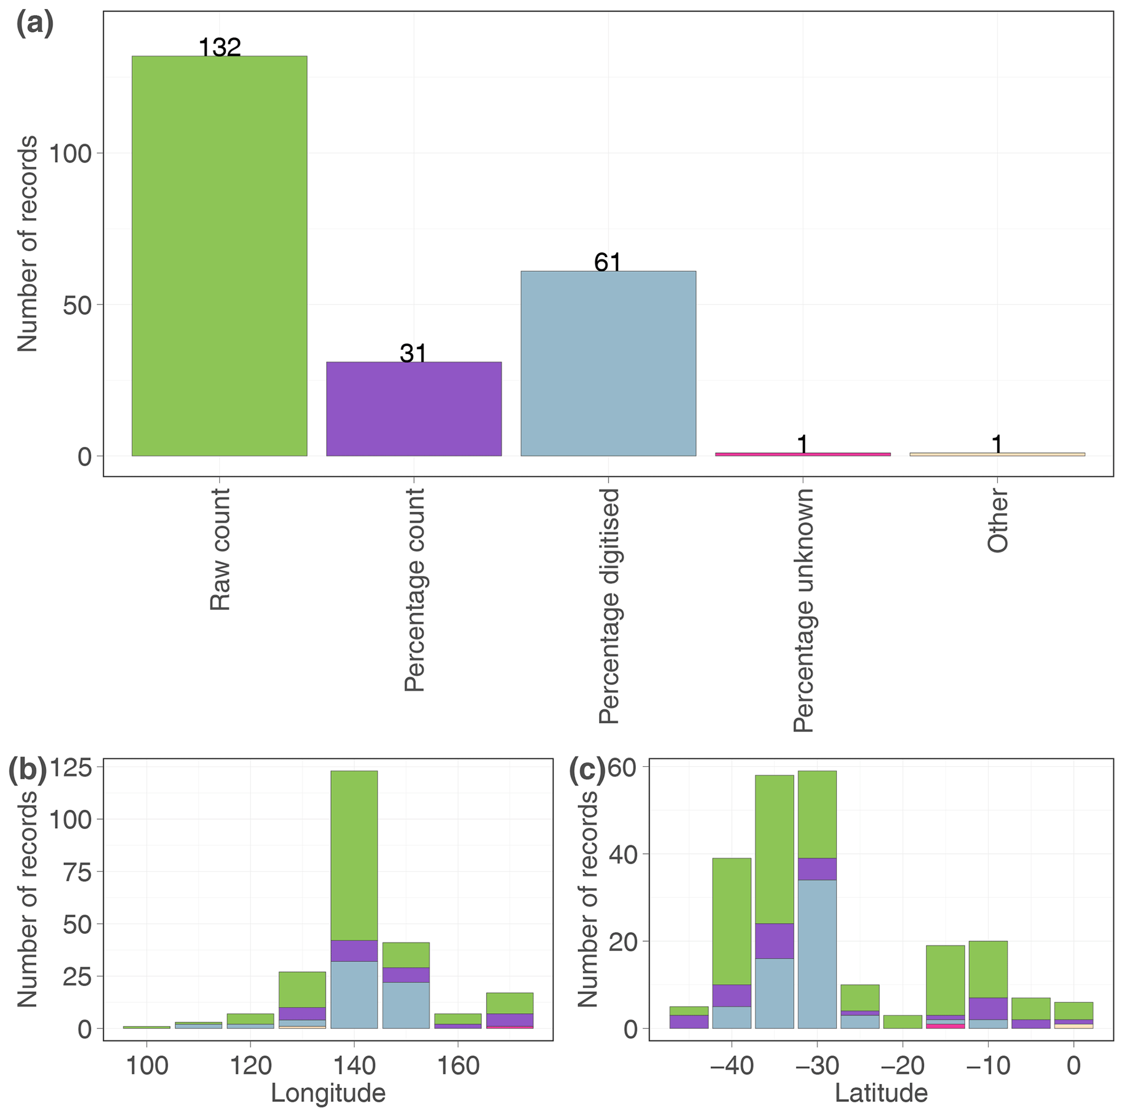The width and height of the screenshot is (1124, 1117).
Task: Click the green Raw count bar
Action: [219, 256]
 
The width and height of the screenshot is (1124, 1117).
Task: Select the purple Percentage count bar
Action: [414, 409]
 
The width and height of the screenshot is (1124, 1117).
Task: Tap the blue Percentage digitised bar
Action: [608, 364]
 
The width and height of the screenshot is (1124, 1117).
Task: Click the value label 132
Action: [219, 47]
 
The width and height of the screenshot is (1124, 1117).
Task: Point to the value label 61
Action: [608, 262]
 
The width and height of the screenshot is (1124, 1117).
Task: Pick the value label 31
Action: [414, 353]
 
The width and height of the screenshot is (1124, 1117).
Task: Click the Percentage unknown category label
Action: [803, 610]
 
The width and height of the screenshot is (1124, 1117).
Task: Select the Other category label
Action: [997, 520]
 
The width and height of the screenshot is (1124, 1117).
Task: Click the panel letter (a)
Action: [34, 24]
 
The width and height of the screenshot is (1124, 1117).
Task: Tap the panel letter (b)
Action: [27, 770]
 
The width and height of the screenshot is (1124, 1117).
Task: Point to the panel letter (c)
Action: [587, 770]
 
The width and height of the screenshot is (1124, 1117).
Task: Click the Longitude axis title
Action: [328, 1093]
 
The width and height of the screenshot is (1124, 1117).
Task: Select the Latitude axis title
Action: [881, 1093]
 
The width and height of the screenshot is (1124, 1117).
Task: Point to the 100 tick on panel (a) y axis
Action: [70, 153]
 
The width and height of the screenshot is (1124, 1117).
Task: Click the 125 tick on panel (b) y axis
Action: [70, 768]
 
